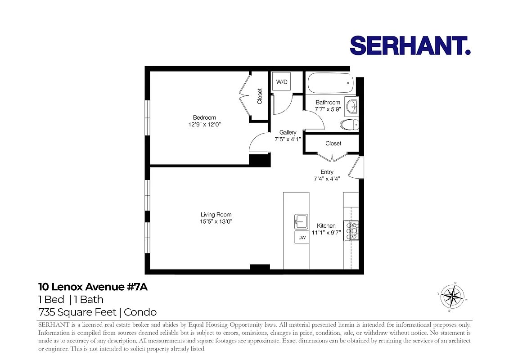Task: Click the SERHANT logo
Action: coord(410,45)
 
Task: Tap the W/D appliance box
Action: coord(282,81)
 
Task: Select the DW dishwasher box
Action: coord(302,237)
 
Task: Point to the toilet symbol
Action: coord(350,124)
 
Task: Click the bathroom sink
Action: coord(351,107)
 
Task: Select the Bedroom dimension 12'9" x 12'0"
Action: coord(205,125)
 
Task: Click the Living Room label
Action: coord(216,215)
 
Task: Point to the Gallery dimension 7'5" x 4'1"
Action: coord(288,139)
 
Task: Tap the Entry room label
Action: coord(327,172)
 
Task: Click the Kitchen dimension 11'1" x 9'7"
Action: coord(326,233)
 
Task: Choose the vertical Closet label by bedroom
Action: coord(260,96)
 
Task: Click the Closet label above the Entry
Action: coord(333,144)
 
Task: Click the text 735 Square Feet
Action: coord(77,312)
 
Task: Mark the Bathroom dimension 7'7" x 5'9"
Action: coord(328,109)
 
